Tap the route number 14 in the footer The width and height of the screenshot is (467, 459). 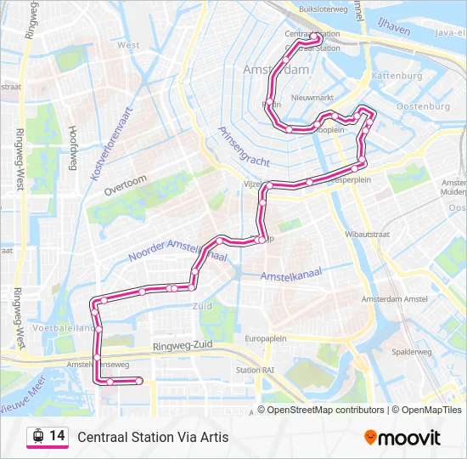tap(57, 436)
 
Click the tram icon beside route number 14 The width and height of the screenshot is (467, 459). tap(37, 437)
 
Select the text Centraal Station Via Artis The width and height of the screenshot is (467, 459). tap(153, 437)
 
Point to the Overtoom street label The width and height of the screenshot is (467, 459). tap(126, 185)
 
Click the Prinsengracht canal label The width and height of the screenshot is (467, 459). tap(244, 145)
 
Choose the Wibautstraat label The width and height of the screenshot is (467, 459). tap(368, 231)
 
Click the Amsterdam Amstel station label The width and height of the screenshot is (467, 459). tap(394, 300)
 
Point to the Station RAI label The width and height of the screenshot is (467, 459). tap(254, 370)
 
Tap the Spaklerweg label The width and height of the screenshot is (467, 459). tap(413, 351)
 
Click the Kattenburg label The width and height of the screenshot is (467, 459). tap(397, 76)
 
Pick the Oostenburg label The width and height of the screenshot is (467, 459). tap(422, 107)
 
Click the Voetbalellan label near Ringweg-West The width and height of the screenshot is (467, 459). tap(60, 326)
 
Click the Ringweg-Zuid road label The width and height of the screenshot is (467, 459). tap(182, 347)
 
